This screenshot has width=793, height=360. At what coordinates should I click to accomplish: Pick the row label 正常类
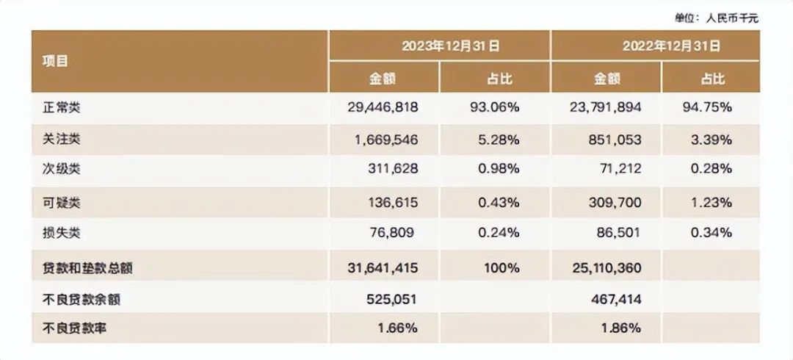point(62,107)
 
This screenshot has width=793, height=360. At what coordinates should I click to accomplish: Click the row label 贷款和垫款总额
point(88,268)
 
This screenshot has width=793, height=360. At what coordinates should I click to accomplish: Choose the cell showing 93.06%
point(494,107)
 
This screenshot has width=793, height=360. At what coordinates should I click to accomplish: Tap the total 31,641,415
point(383,268)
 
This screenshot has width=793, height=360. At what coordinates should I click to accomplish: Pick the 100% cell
point(502,268)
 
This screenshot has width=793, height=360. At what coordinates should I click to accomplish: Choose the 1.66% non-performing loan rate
point(399,328)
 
